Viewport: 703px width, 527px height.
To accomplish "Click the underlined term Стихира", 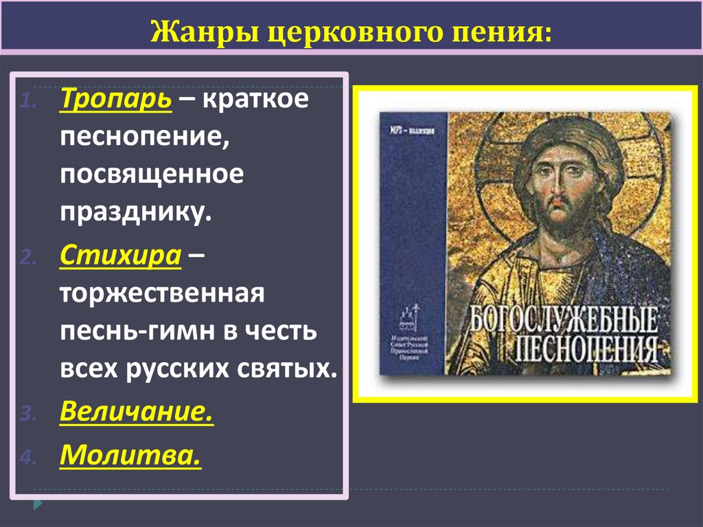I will coord(120,257).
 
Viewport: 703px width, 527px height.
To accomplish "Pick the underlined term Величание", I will coord(135,412).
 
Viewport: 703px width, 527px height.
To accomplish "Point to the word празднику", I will coord(132,214).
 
